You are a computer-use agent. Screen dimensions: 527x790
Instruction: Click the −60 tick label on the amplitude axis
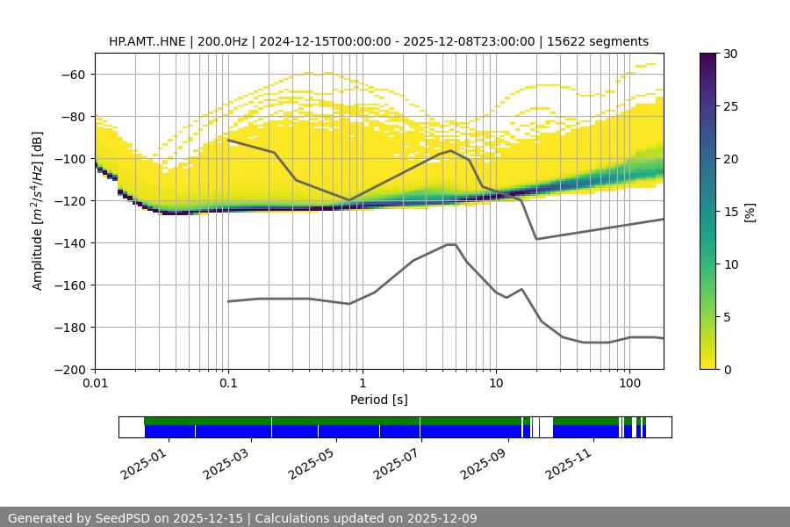click(x=72, y=74)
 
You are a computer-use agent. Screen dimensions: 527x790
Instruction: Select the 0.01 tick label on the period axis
click(x=95, y=384)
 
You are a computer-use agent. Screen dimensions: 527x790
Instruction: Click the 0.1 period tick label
click(x=228, y=384)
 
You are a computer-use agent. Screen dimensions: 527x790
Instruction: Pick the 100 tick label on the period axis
click(x=628, y=384)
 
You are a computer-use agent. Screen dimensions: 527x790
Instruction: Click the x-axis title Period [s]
click(x=379, y=400)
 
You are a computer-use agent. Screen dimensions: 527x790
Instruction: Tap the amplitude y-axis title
click(x=37, y=211)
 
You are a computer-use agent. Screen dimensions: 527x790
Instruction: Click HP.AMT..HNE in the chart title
click(x=147, y=41)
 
